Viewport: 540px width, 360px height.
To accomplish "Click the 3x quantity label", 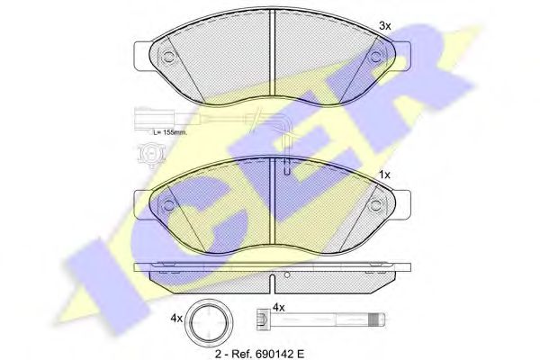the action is point(384,26).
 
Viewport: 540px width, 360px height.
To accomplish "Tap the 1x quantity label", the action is point(384,175).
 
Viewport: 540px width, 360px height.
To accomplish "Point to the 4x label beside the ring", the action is point(176,319).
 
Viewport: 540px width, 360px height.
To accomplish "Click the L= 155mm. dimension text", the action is point(170,132).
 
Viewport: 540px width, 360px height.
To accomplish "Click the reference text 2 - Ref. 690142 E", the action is point(260,353).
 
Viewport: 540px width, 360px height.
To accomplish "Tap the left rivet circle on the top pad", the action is point(168,57).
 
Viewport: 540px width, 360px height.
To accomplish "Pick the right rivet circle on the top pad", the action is point(374,57).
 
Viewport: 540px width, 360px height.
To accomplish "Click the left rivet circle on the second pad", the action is point(168,205).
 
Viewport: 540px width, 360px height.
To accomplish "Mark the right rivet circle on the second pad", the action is point(375,205).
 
